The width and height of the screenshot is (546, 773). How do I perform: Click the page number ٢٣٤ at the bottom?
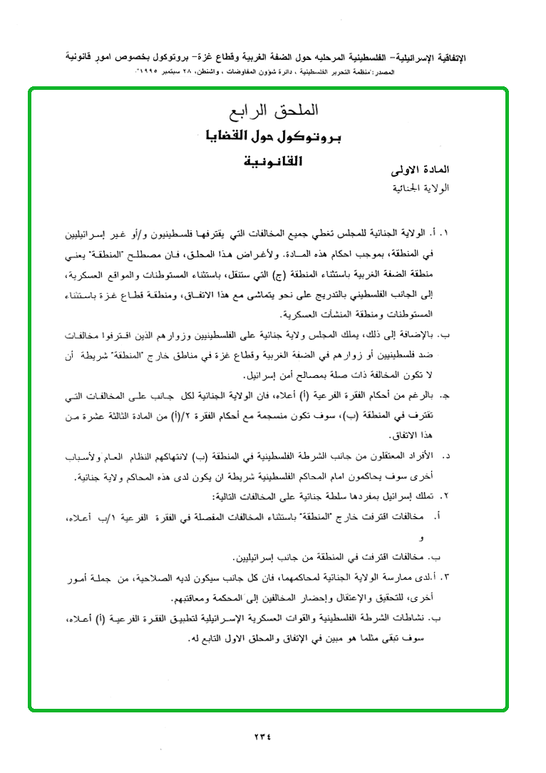(x=262, y=737)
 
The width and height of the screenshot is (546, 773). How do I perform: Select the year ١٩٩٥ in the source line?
(x=152, y=73)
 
